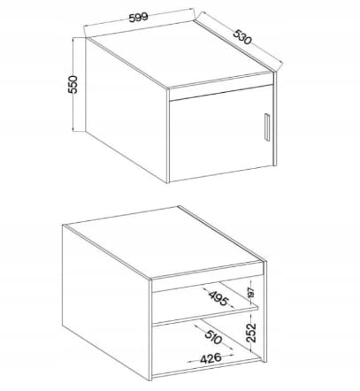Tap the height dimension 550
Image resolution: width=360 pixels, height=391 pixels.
(73, 84)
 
